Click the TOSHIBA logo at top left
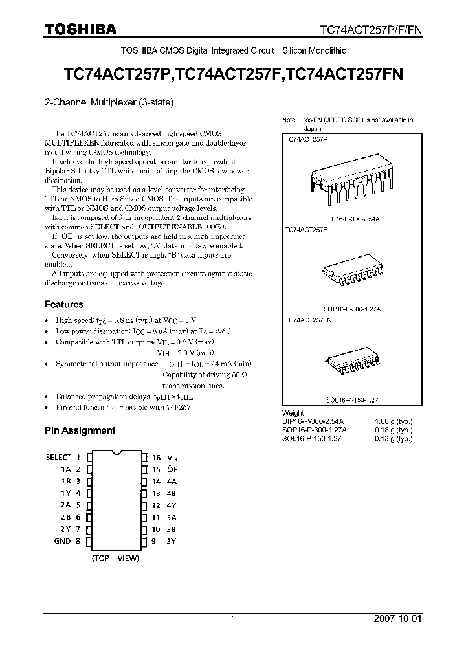pos(80,30)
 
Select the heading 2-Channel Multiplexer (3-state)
pos(109,102)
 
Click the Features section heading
pos(64,304)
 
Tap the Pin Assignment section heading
pos(80,430)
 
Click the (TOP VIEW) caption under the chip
pos(115,557)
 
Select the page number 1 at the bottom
pos(233,619)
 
